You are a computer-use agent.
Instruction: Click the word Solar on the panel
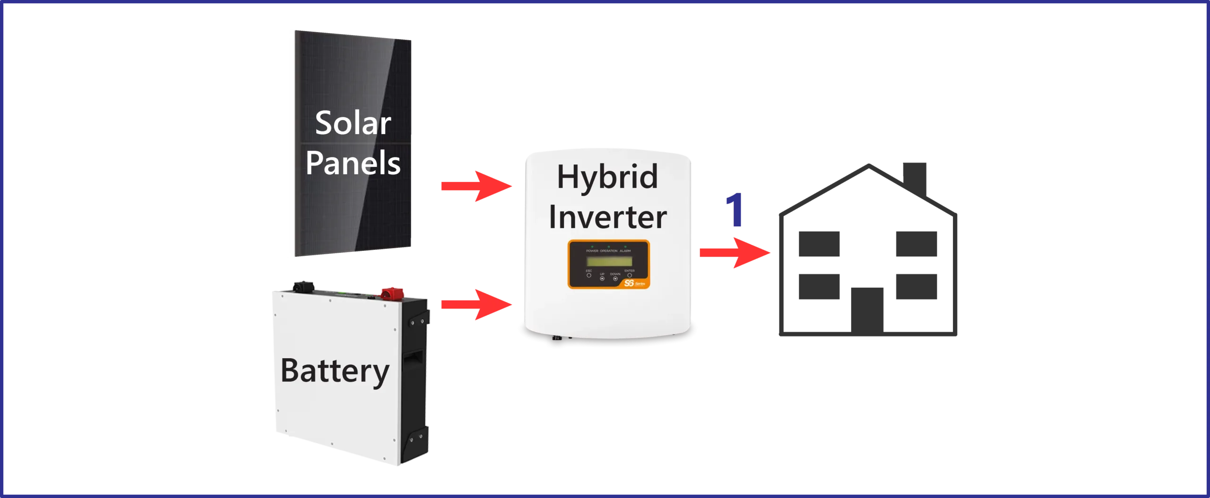coord(353,123)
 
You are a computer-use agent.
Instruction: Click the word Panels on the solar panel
coord(353,163)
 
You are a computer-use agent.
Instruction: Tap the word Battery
coord(335,371)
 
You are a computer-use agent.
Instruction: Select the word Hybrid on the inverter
coord(607,177)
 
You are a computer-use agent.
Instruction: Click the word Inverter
coord(607,217)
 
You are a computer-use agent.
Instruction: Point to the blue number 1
coord(735,210)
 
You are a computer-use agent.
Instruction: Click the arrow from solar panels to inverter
coord(475,187)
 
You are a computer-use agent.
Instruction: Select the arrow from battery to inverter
coord(475,304)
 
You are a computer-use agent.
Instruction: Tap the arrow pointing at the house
coord(734,253)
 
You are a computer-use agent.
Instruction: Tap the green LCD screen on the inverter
coord(609,261)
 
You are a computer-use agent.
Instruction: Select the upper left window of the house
coord(820,244)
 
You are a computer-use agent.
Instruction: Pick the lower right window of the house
coord(915,287)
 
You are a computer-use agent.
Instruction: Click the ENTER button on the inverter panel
coord(629,275)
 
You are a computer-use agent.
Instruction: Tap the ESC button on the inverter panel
coord(589,275)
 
